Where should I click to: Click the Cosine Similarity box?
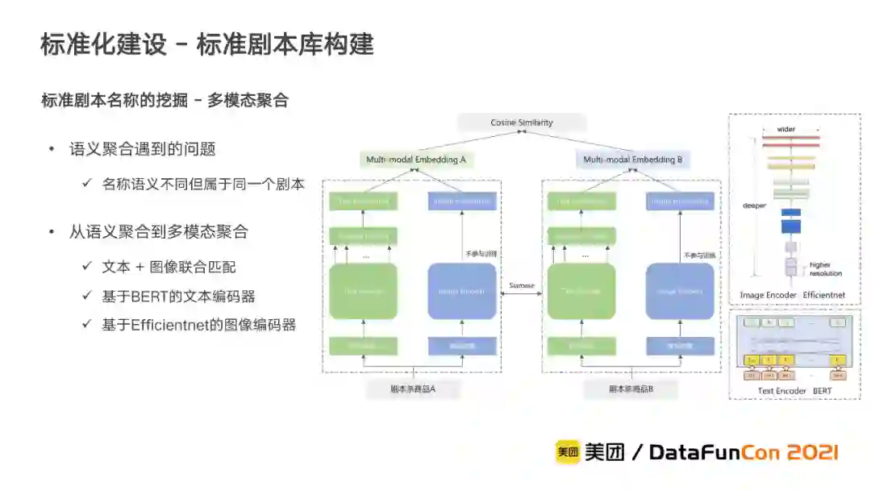pos(522,122)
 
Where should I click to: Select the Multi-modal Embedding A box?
pos(416,160)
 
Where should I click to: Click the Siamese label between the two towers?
pos(522,285)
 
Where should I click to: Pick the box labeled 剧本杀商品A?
pos(413,388)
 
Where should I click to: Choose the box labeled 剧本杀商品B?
pos(631,388)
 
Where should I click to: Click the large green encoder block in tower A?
pos(363,291)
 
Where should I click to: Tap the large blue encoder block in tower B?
pos(680,291)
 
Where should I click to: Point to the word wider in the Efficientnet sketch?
pos(786,129)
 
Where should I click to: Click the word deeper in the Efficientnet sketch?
pos(753,206)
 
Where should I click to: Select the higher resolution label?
pos(820,268)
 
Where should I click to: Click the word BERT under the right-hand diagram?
pos(823,391)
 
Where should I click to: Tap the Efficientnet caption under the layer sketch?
pos(824,295)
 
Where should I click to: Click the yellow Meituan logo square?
pos(567,452)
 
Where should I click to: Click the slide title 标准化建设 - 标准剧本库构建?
pos(207,44)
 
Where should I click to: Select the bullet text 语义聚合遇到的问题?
pos(143,149)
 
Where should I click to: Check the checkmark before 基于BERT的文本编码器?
pos(86,296)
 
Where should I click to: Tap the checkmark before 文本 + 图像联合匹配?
pos(86,266)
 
